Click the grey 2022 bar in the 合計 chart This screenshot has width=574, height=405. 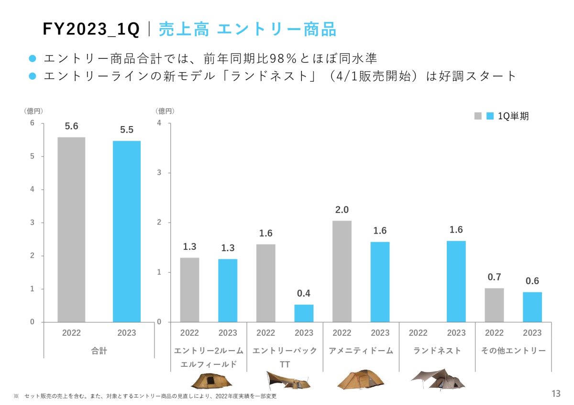71,229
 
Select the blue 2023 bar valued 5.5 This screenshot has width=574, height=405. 127,231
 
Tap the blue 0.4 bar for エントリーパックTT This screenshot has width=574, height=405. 304,313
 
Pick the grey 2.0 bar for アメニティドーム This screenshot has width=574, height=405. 342,271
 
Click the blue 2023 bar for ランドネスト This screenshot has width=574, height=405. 456,281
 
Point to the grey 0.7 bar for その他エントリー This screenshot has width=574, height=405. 494,305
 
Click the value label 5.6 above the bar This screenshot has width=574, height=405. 71,127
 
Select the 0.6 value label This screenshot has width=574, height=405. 532,281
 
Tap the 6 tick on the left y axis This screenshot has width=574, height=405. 32,123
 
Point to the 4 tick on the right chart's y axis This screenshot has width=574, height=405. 159,123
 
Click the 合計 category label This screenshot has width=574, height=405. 99,351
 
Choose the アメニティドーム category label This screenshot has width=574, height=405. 361,351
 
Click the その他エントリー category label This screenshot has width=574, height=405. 513,351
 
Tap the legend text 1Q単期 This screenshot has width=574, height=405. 513,116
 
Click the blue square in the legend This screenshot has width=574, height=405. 489,116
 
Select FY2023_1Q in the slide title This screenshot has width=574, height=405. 91,30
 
